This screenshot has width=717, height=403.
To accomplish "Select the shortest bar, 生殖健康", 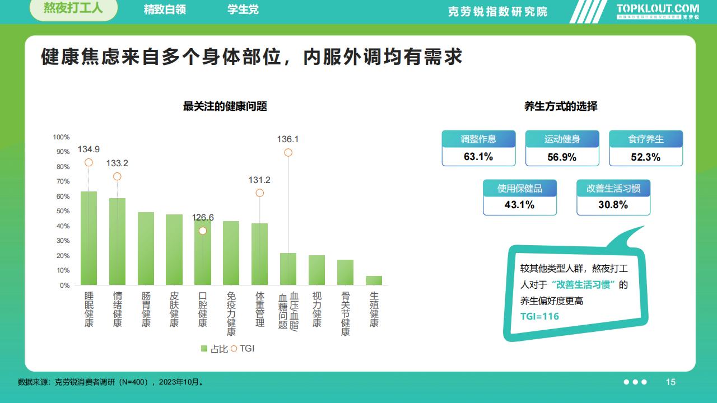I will (374, 280).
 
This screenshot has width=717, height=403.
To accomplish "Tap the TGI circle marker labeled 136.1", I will (288, 152).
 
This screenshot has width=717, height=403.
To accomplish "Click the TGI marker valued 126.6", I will (203, 231).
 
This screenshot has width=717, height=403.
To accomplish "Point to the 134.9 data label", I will (89, 149).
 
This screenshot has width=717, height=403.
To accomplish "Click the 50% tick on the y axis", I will (62, 211).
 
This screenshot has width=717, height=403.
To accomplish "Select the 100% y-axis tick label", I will (61, 137).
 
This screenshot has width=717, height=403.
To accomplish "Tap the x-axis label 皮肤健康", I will (174, 309).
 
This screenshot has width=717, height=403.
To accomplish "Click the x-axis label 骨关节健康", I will (345, 313).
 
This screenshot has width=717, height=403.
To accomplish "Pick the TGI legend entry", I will (243, 348).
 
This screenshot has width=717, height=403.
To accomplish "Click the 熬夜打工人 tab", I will (73, 10).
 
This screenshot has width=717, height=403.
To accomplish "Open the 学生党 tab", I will (243, 10).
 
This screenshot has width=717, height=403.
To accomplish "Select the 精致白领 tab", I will (165, 10).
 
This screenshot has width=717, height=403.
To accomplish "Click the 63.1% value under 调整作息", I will (478, 157).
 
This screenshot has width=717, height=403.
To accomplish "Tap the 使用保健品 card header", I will (520, 189).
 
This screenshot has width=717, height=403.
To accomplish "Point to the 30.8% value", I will (613, 205).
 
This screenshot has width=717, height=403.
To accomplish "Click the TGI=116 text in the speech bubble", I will (539, 316).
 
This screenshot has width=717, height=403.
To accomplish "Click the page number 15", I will (671, 382).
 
